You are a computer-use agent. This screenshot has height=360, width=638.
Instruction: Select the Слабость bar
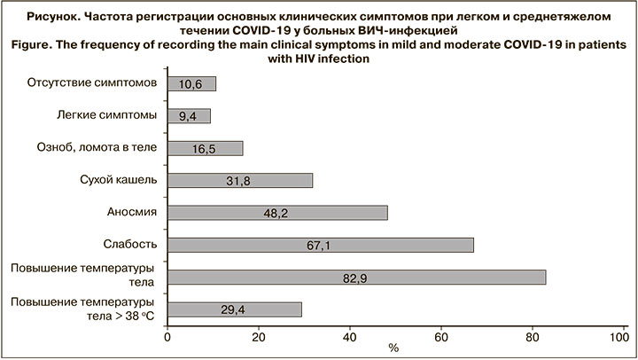pos(320,245)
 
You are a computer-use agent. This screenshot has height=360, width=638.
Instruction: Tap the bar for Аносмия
pos(276,213)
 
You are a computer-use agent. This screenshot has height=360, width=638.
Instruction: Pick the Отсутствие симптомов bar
pos(191,84)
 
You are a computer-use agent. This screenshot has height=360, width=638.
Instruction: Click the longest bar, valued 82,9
pos(355,278)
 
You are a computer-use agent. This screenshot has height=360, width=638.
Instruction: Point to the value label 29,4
pos(234,309)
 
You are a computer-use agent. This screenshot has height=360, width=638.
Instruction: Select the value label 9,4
pos(189,117)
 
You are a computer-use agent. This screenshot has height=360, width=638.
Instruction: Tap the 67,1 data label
pos(319,246)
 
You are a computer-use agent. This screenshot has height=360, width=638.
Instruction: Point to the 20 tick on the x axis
pos(258,336)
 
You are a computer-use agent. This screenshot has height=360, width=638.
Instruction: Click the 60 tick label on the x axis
pos(440,336)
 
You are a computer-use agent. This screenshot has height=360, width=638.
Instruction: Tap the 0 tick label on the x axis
pos(167,336)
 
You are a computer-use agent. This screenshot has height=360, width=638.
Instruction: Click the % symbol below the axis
pos(393,348)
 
